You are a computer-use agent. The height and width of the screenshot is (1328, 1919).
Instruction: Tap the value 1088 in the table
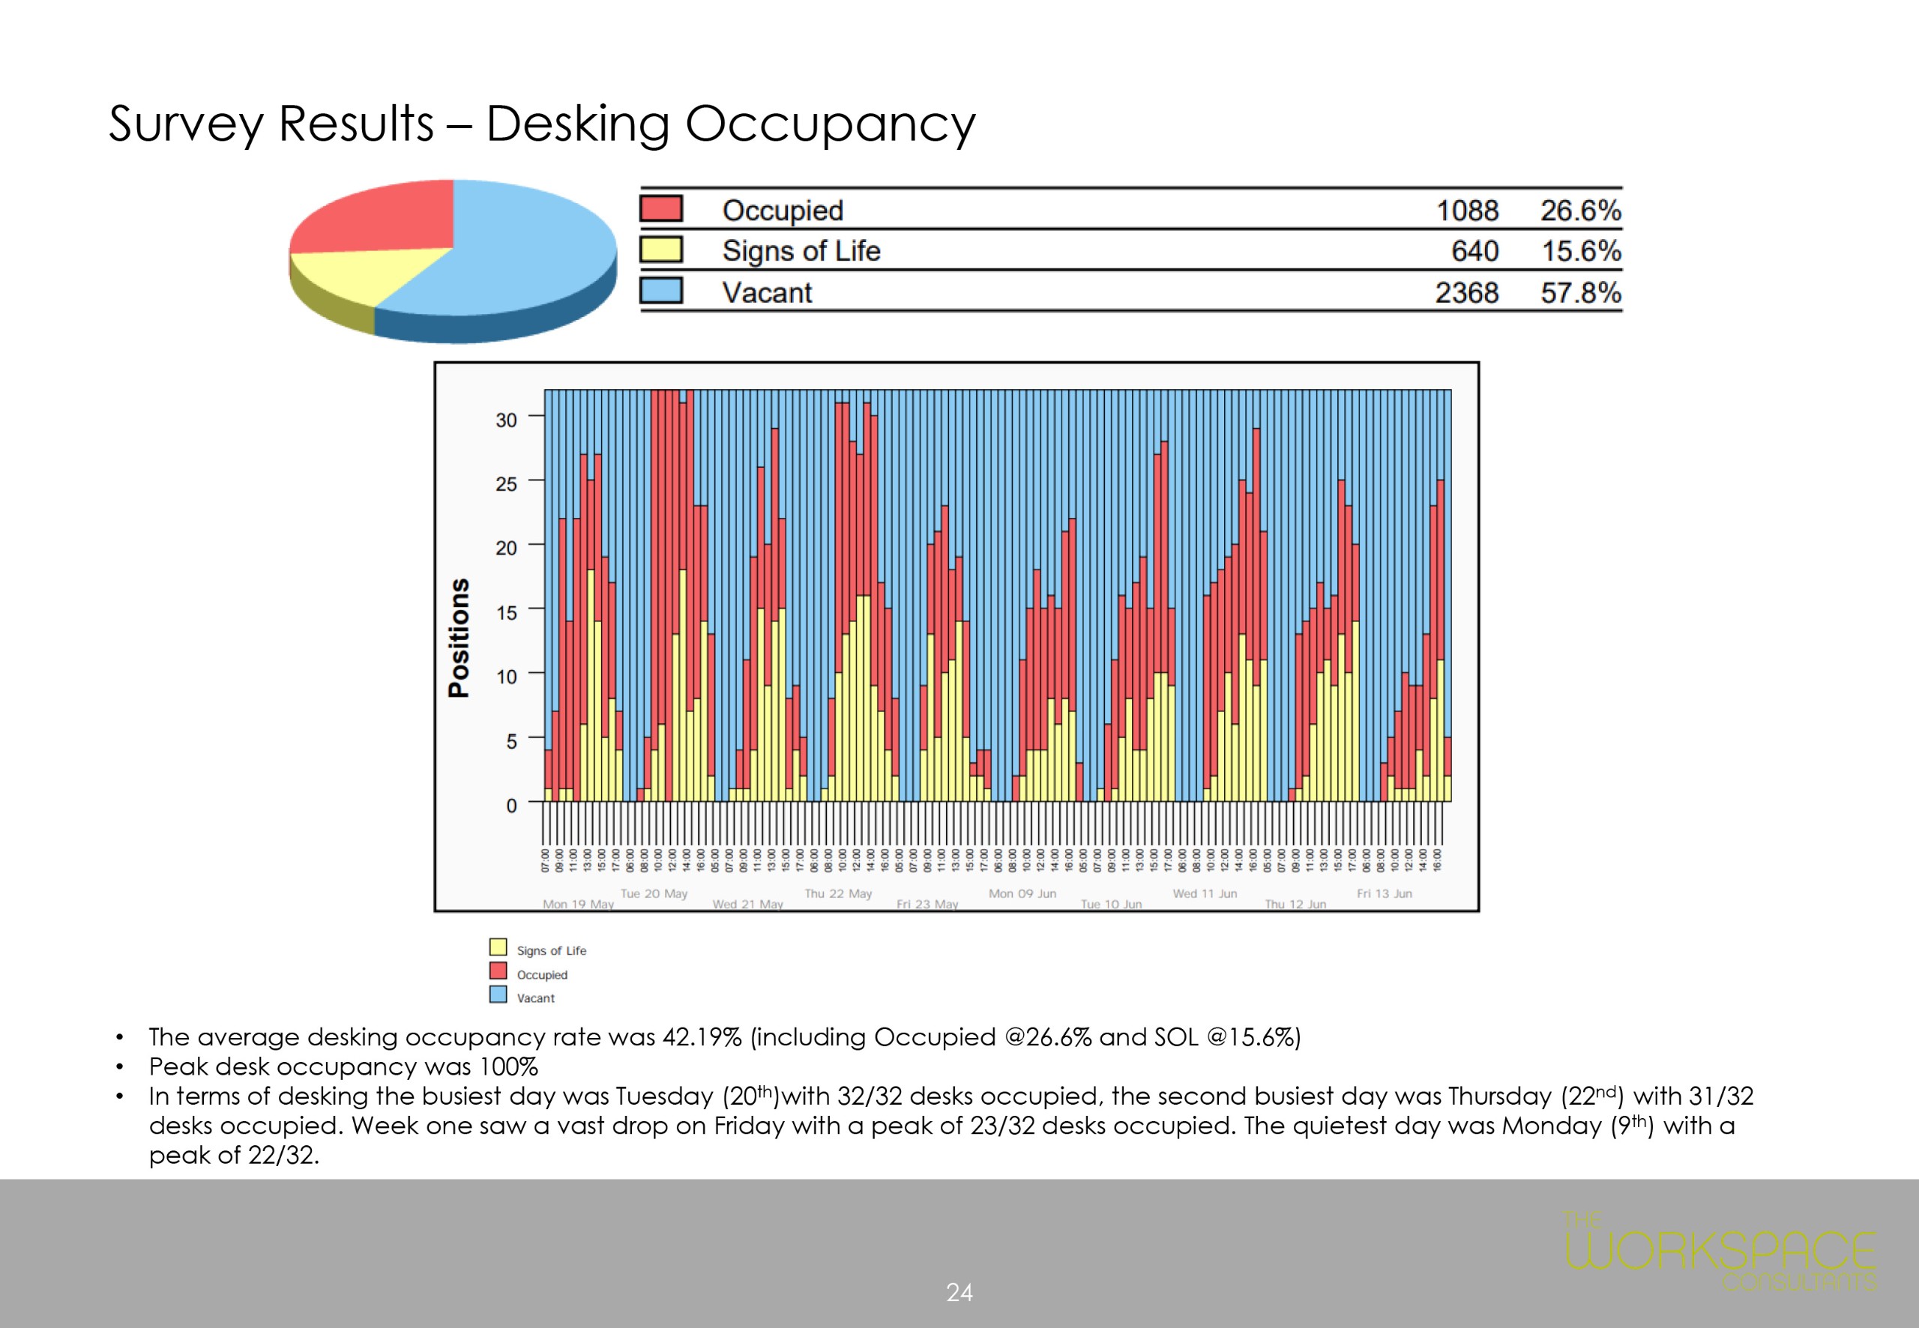[1467, 211]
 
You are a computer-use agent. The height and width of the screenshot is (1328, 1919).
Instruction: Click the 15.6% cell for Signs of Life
[1581, 251]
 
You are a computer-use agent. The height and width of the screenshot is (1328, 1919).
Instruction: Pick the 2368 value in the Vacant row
[1466, 293]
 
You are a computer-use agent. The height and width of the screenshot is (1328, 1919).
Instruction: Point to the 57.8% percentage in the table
[1580, 293]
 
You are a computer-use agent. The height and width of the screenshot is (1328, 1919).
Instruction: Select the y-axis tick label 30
[506, 420]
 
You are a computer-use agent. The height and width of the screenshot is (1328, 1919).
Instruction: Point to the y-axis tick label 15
[506, 612]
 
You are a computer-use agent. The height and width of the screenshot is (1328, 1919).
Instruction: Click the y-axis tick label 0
[511, 806]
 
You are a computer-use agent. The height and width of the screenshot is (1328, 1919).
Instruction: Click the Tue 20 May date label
[654, 893]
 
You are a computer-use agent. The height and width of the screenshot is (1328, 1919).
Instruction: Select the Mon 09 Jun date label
[1022, 893]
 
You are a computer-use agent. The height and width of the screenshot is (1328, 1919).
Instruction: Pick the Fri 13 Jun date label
[1384, 893]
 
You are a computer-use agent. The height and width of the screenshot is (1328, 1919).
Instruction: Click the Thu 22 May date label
[838, 893]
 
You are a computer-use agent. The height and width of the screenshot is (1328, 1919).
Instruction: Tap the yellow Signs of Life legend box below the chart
[498, 947]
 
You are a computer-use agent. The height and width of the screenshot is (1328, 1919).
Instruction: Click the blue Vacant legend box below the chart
[498, 995]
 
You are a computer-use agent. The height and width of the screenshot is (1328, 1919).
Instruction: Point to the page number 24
[959, 1292]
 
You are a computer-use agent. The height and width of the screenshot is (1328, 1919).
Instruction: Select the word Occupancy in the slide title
[830, 125]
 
